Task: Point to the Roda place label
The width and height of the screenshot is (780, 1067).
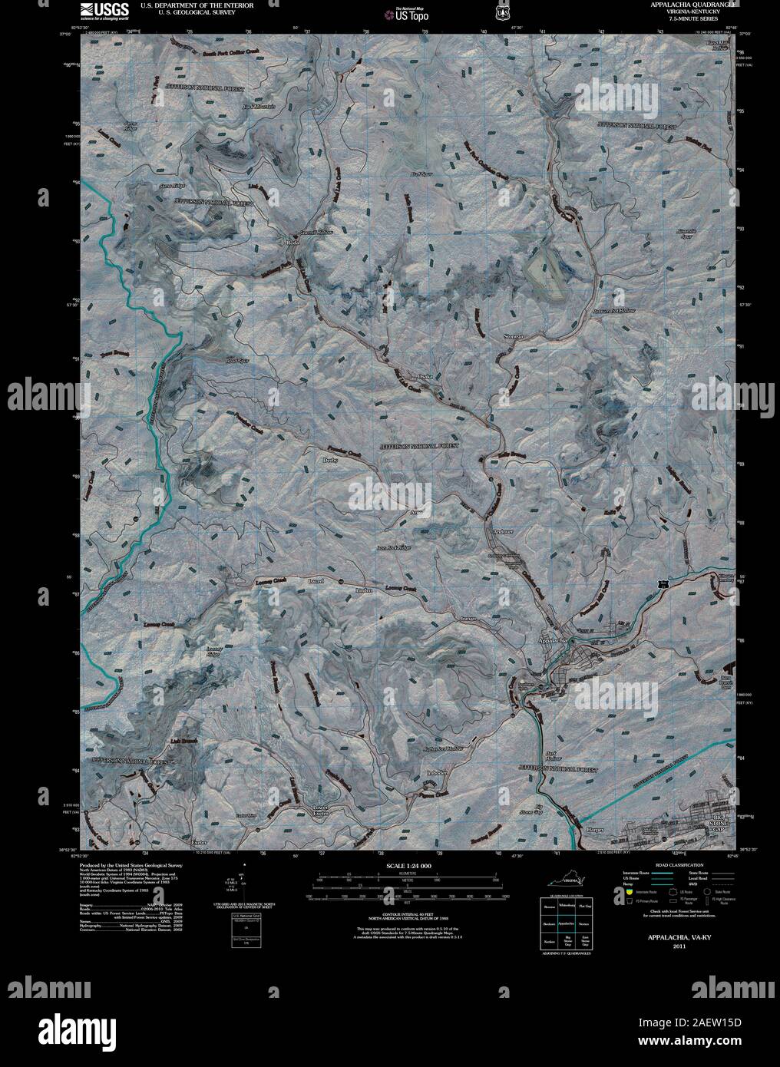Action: click(x=292, y=241)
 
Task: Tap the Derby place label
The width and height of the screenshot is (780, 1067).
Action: click(x=331, y=461)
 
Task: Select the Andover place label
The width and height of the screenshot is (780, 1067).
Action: click(x=504, y=531)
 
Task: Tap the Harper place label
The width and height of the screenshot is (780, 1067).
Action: click(x=595, y=829)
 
